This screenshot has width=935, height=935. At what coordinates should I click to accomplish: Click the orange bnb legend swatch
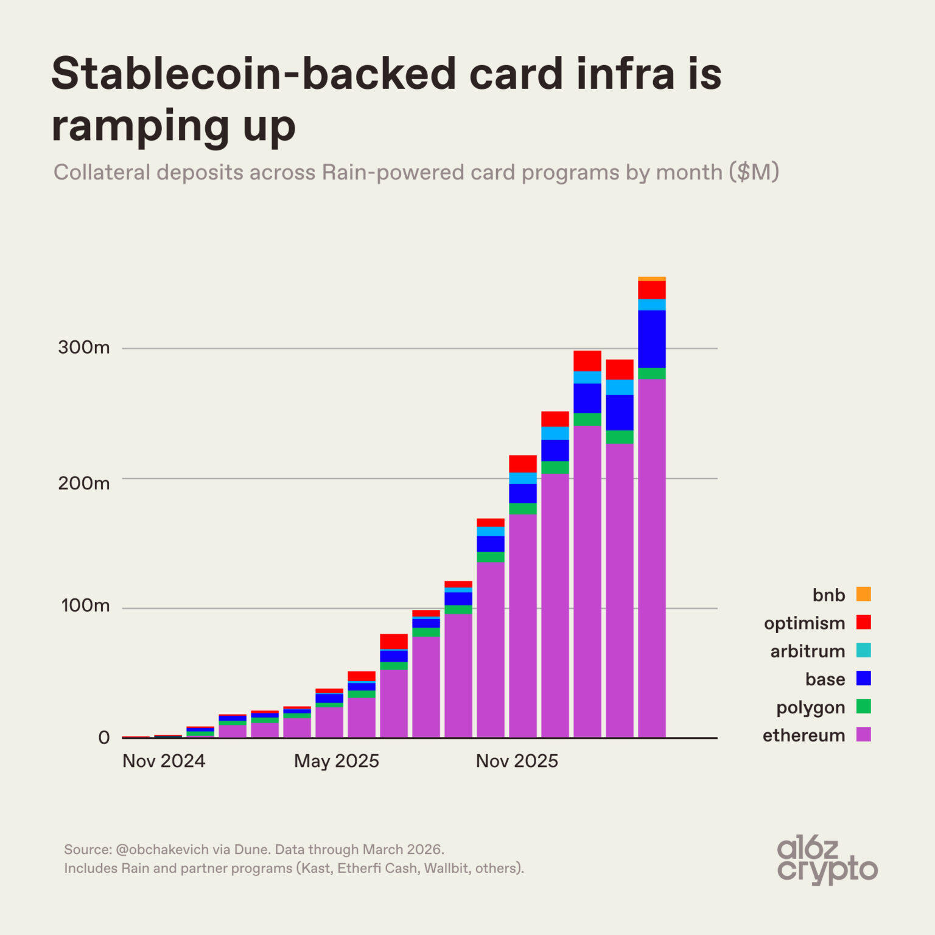point(863,594)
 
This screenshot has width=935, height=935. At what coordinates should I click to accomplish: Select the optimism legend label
point(804,623)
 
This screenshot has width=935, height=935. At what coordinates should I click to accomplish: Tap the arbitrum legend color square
point(863,650)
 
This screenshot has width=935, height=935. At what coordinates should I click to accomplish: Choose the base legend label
point(825,679)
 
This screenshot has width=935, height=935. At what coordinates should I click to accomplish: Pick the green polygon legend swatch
point(863,706)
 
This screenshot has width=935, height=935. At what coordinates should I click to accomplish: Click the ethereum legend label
point(804,735)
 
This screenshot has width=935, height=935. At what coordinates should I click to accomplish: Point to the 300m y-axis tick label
point(84,348)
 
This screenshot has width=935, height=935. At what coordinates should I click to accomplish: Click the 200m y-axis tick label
point(84,483)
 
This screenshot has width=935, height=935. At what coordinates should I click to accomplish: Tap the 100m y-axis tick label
point(85,606)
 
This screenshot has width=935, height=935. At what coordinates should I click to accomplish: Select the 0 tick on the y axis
point(104,738)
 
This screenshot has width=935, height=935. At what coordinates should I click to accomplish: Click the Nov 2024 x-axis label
point(164,761)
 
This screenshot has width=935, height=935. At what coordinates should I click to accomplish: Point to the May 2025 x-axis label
point(336,761)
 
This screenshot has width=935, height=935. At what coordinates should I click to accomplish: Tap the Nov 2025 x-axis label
point(517,761)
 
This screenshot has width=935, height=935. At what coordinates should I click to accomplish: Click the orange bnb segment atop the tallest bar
point(651,279)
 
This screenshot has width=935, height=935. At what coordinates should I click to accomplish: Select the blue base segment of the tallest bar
point(651,339)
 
